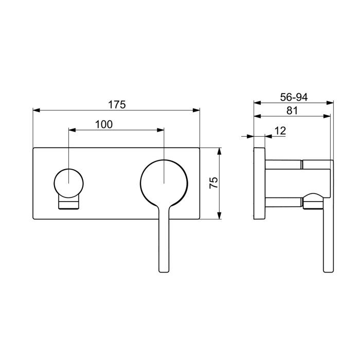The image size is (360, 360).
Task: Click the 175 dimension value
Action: [117, 104]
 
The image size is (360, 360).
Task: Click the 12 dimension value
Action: [280, 132]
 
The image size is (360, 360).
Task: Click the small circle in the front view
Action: [68, 183]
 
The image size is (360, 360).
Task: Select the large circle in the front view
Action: [164, 183]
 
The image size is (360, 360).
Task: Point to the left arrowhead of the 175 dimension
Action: [35, 110]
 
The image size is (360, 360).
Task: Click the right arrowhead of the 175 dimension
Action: [196, 110]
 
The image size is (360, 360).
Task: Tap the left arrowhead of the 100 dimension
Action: [71, 130]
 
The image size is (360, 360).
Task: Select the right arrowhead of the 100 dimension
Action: [160, 130]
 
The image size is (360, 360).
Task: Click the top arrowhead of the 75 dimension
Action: [220, 151]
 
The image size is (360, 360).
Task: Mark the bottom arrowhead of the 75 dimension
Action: [220, 216]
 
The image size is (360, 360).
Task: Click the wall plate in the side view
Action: [259, 184]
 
